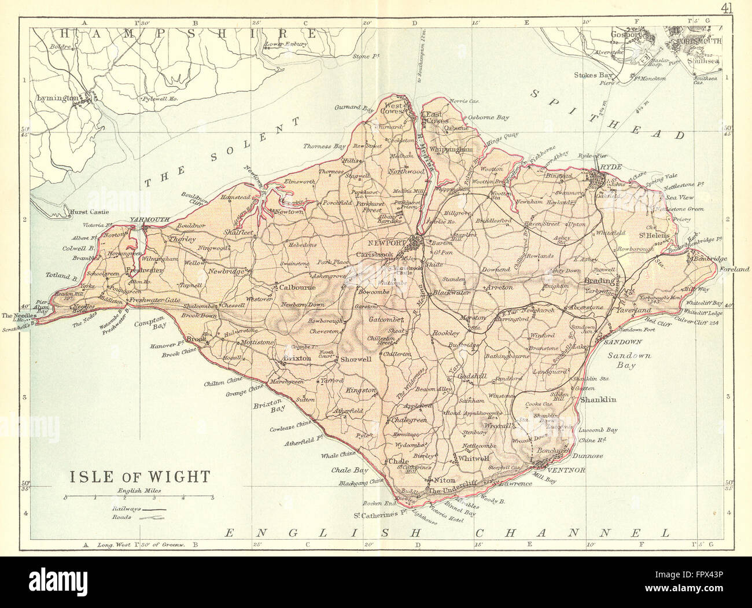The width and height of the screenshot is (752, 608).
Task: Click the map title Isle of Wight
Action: (140, 476)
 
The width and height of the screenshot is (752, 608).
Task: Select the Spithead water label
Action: (607, 113)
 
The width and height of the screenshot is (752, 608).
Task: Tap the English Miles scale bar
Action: (139, 497)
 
